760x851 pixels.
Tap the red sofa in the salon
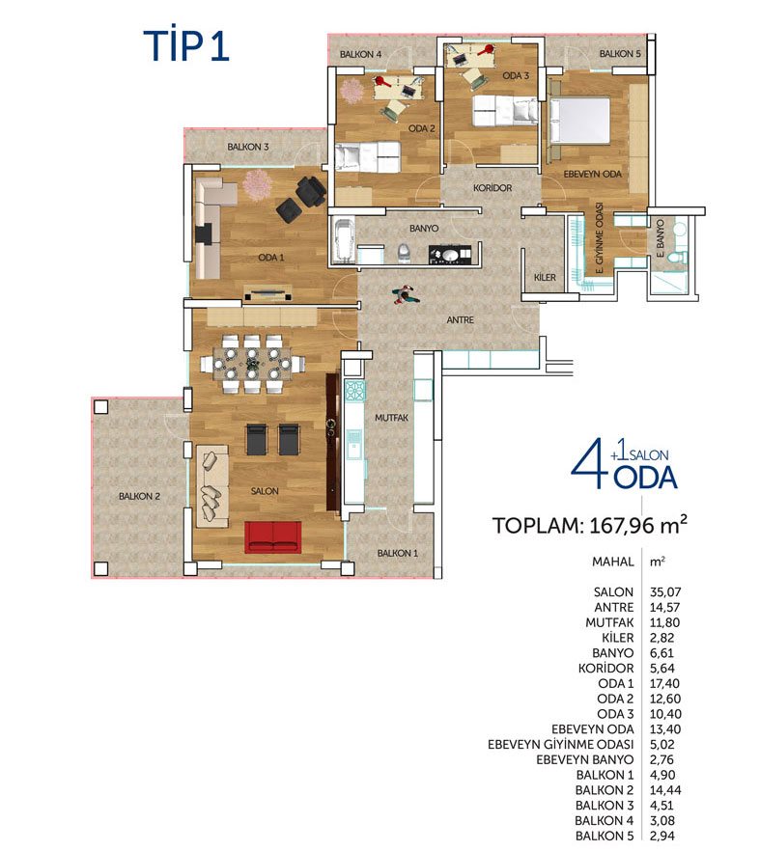click(272, 537)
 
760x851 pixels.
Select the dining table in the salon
click(253, 364)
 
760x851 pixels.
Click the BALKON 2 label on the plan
click(139, 496)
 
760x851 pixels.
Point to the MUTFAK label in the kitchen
click(391, 418)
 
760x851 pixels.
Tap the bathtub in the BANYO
click(342, 241)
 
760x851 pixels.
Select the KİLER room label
click(545, 277)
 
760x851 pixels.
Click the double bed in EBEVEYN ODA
click(580, 120)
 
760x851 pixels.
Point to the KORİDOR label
click(493, 188)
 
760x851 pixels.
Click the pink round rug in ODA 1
click(257, 183)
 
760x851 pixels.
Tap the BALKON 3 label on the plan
click(248, 147)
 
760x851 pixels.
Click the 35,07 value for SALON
click(665, 592)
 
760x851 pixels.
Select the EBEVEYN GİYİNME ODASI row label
click(561, 745)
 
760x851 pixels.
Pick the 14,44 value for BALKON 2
click(665, 790)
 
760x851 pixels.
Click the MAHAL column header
click(613, 562)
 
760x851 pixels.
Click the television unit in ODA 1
click(268, 293)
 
